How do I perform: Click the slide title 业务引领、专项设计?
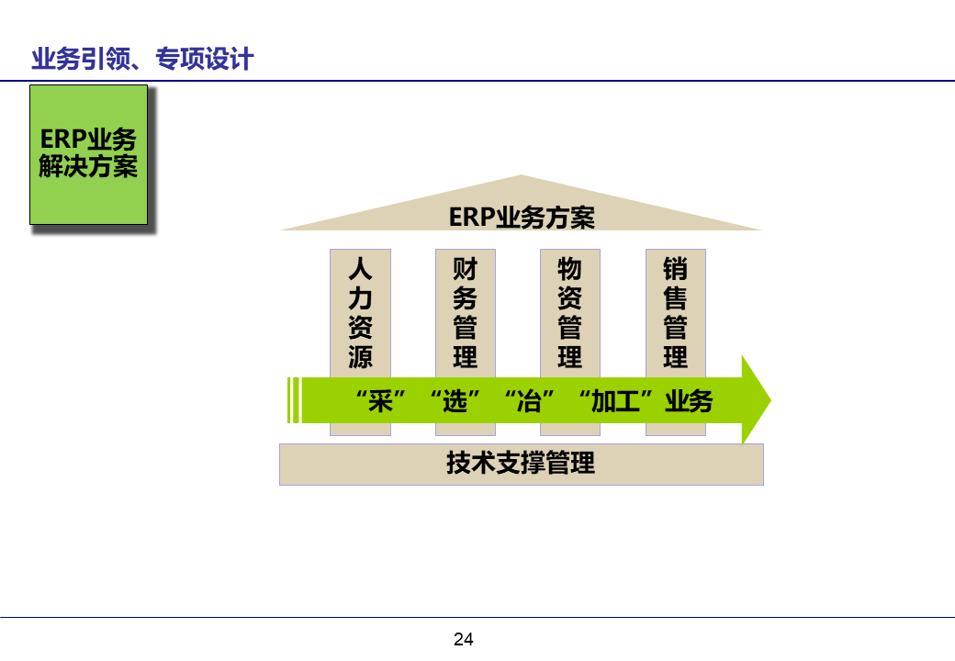click(142, 61)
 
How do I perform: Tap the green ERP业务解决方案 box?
click(88, 154)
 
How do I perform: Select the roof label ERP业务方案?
click(522, 218)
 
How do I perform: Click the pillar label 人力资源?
click(360, 313)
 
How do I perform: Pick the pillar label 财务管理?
click(466, 313)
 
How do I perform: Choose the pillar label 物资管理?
click(570, 313)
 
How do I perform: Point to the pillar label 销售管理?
click(676, 313)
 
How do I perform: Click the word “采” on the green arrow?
click(379, 402)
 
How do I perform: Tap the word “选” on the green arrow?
click(455, 402)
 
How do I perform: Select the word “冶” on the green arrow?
click(530, 402)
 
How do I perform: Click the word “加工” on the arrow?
click(615, 402)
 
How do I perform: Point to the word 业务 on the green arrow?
click(689, 402)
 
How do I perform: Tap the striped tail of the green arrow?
click(294, 401)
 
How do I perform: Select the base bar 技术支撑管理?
click(521, 464)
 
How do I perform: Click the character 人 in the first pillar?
click(360, 270)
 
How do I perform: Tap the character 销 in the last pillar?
click(676, 270)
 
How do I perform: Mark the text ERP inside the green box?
click(62, 140)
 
